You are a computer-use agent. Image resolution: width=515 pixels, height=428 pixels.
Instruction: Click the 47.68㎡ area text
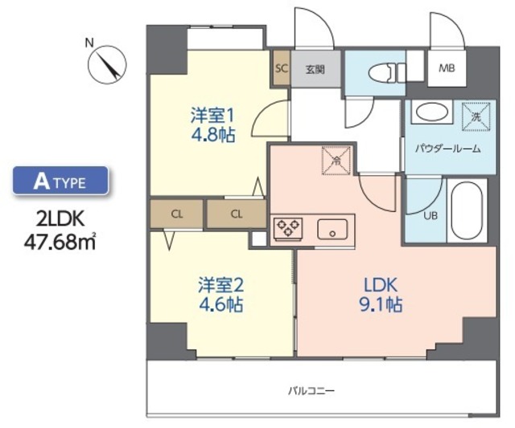tap(60, 238)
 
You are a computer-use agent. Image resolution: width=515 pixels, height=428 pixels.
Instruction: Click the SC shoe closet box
tap(281, 68)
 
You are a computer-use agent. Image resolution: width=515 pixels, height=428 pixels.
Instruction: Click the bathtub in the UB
tap(466, 211)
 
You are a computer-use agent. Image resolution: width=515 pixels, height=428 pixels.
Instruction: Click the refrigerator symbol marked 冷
tap(336, 158)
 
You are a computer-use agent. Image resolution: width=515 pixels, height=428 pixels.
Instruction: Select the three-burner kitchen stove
tap(288, 229)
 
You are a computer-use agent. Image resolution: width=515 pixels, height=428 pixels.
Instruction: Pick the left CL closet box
tap(176, 214)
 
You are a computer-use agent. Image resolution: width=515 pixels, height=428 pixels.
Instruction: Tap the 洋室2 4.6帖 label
tap(220, 295)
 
